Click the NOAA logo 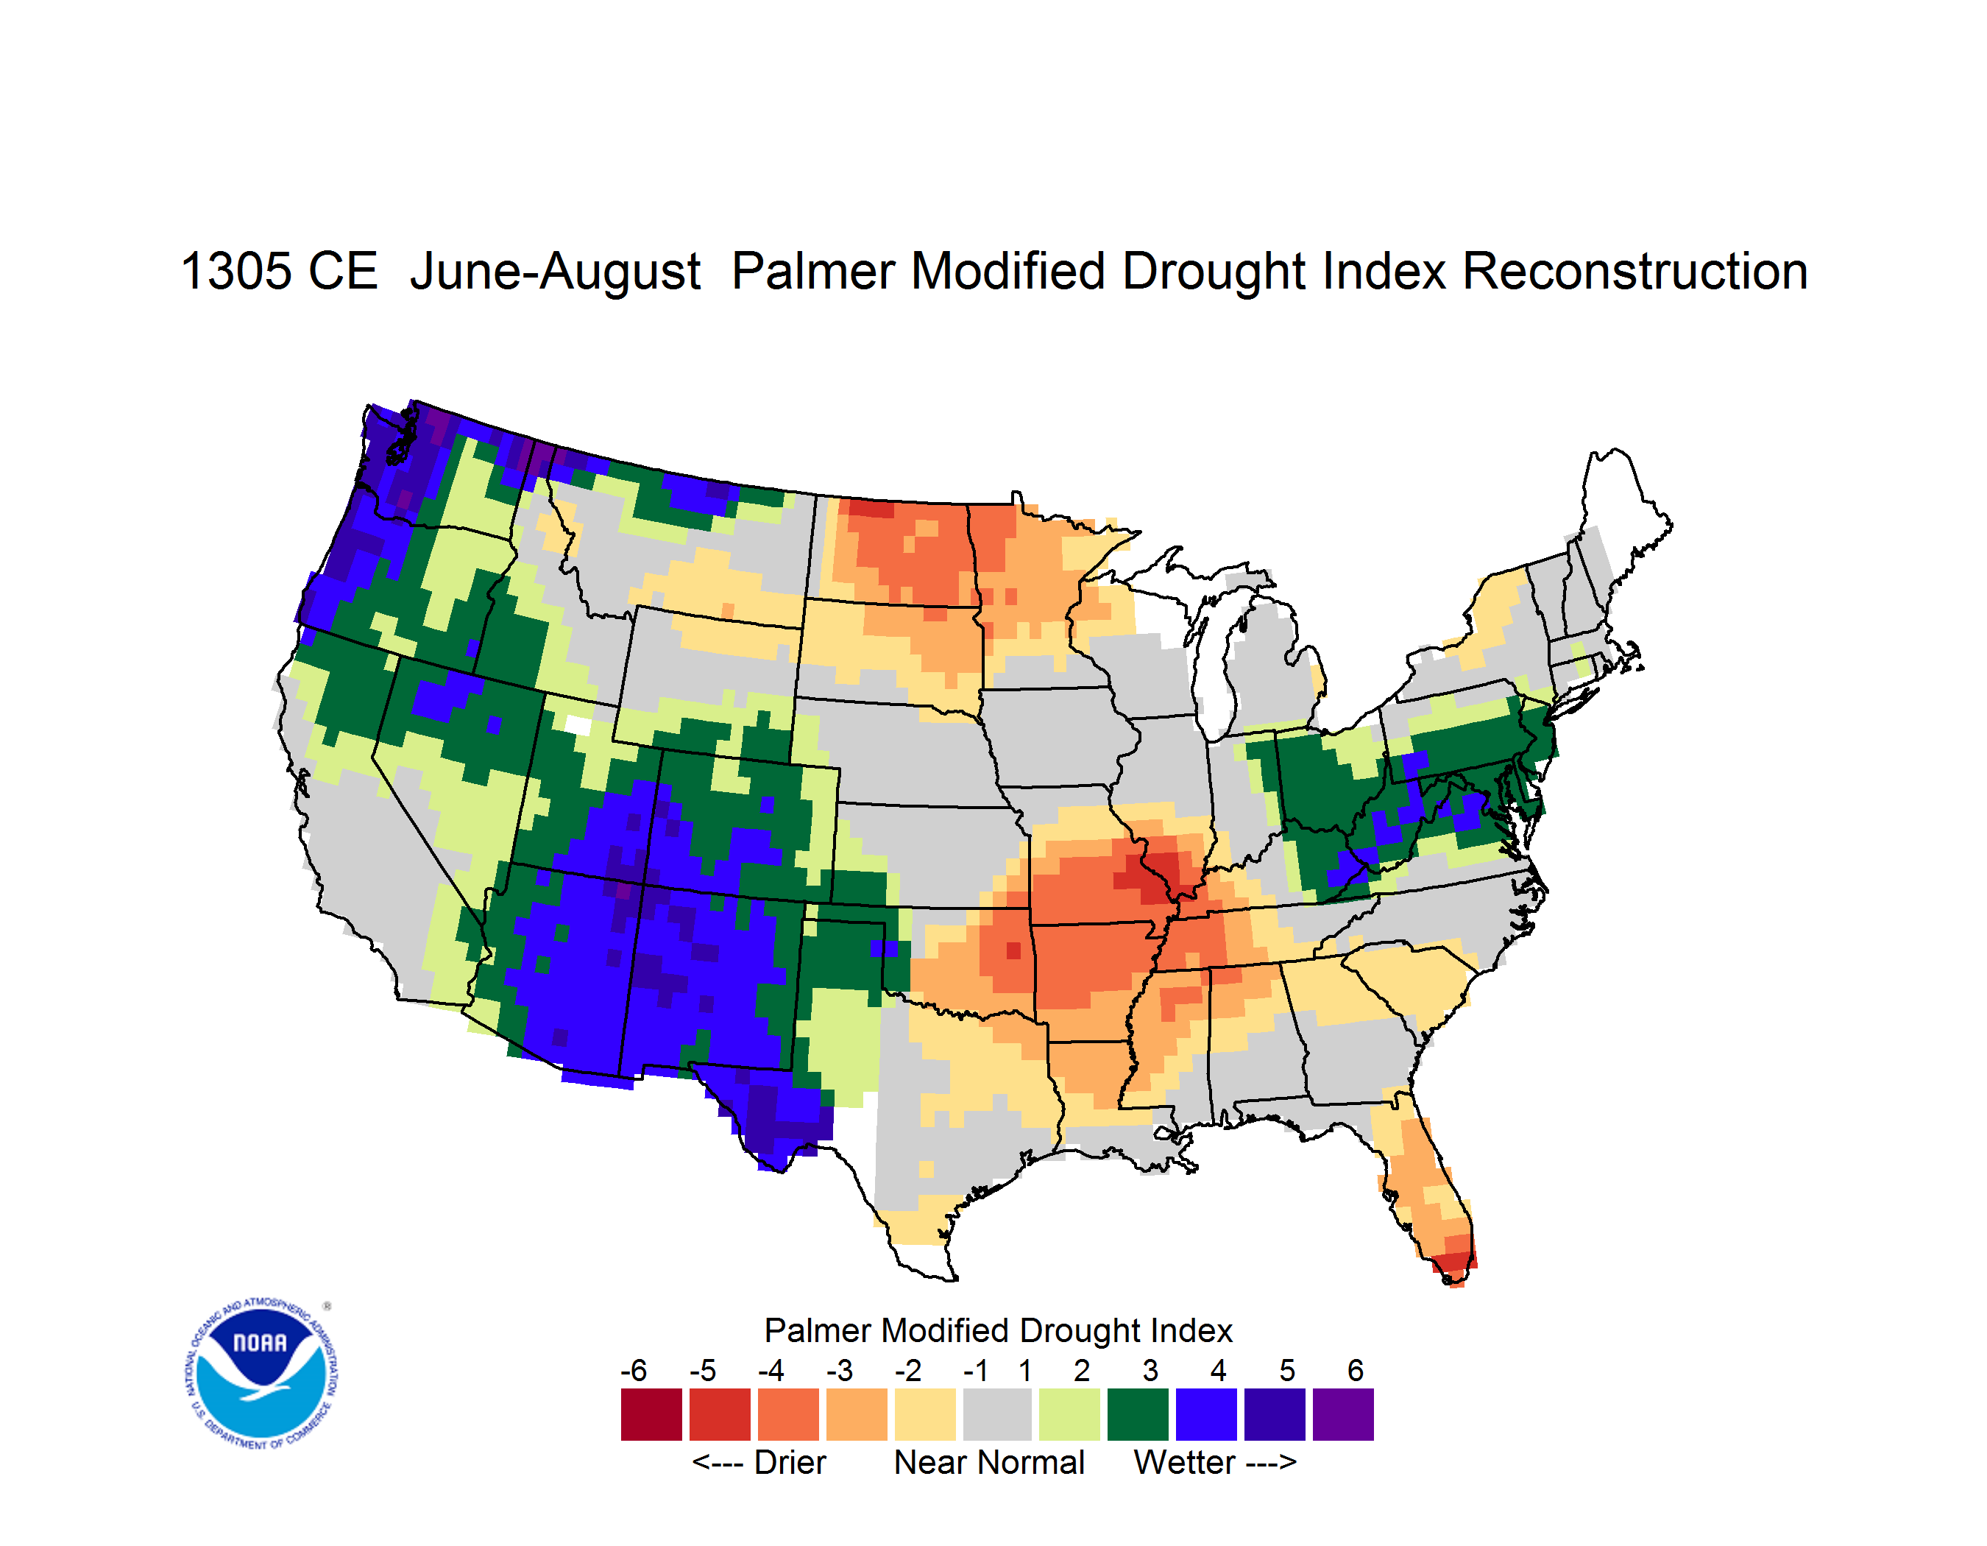pyautogui.click(x=262, y=1373)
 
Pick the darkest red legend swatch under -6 pyautogui.click(x=651, y=1414)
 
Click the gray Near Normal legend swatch pyautogui.click(x=997, y=1414)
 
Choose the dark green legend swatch pyautogui.click(x=1137, y=1414)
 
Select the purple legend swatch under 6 pyautogui.click(x=1343, y=1414)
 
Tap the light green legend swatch pyautogui.click(x=1069, y=1414)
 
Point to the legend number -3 pyautogui.click(x=839, y=1370)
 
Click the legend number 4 pyautogui.click(x=1218, y=1370)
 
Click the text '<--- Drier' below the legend pyautogui.click(x=759, y=1462)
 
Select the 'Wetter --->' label pyautogui.click(x=1214, y=1462)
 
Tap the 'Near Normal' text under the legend pyautogui.click(x=989, y=1462)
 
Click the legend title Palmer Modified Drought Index pyautogui.click(x=998, y=1330)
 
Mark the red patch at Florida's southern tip pyautogui.click(x=1453, y=1265)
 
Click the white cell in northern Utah pyautogui.click(x=578, y=725)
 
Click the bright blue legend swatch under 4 pyautogui.click(x=1206, y=1414)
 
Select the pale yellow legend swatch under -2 pyautogui.click(x=925, y=1414)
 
